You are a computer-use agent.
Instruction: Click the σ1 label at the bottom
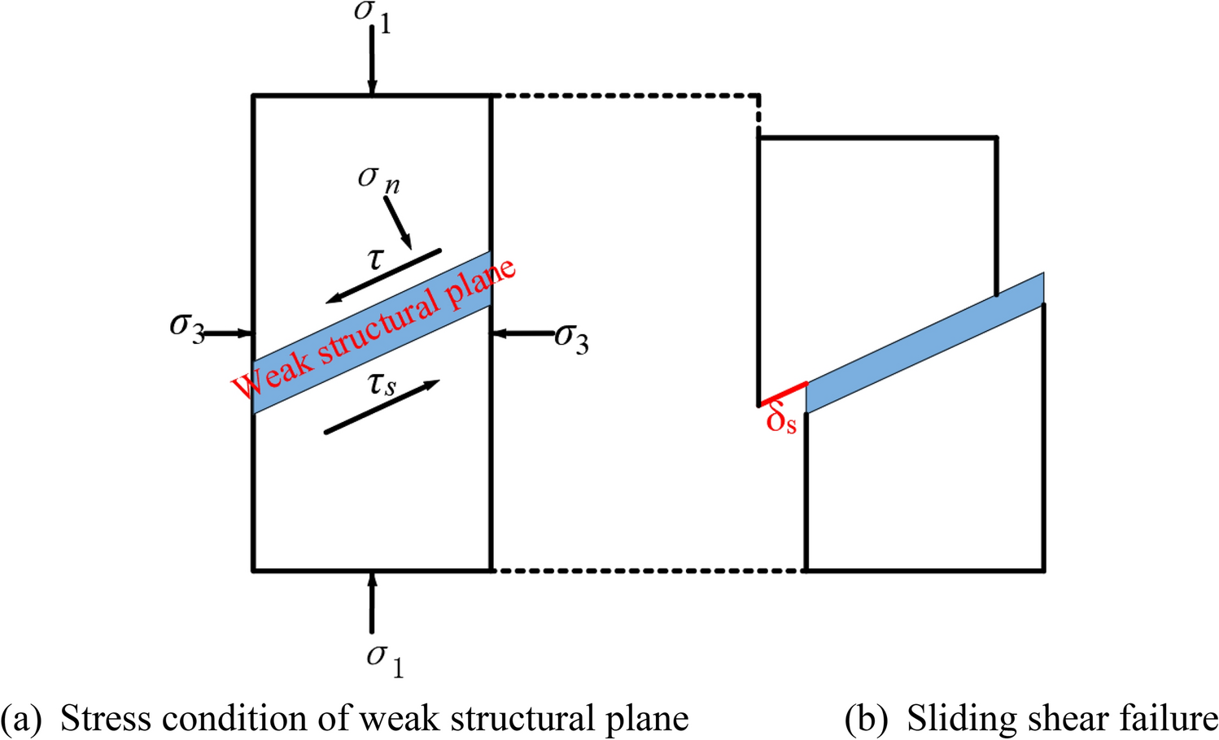(x=384, y=659)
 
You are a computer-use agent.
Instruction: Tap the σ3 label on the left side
(x=186, y=327)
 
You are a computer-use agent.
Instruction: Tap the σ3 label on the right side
(x=571, y=337)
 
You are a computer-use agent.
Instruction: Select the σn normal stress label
(x=378, y=179)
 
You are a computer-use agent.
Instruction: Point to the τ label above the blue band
(x=375, y=259)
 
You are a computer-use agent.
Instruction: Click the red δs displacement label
(x=781, y=420)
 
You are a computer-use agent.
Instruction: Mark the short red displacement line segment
(x=783, y=394)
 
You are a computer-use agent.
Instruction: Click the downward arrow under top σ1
(x=372, y=61)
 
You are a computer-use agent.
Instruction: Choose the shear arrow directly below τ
(x=383, y=276)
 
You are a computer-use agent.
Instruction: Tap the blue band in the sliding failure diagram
(x=925, y=342)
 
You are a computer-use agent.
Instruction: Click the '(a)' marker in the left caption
(x=21, y=719)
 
